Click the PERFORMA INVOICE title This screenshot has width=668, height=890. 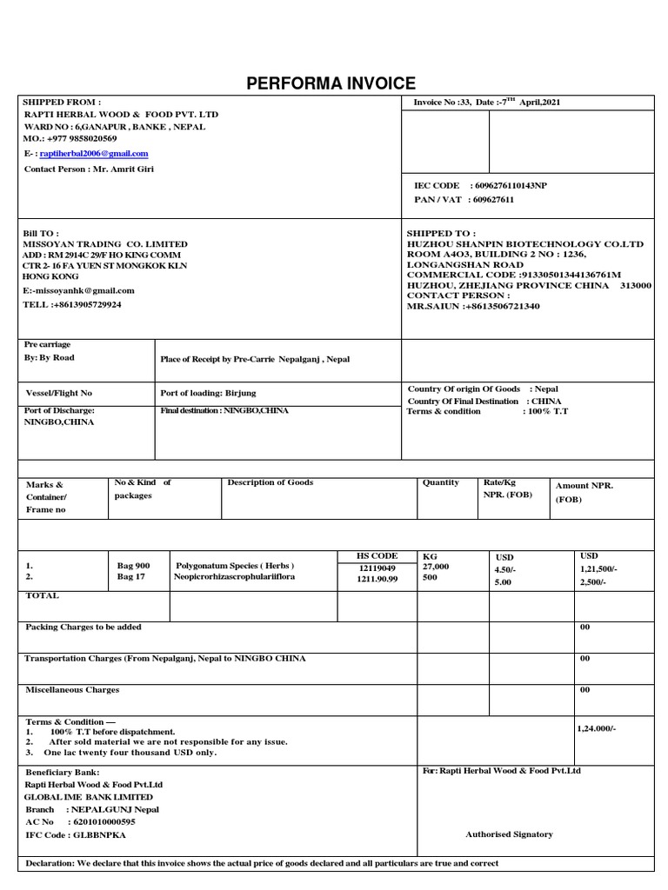click(331, 83)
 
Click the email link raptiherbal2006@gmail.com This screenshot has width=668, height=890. click(94, 154)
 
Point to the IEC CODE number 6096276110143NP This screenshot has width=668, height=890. click(509, 186)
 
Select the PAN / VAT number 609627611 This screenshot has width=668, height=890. click(491, 200)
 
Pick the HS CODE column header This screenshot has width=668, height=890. click(377, 556)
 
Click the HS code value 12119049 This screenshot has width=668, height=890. click(377, 568)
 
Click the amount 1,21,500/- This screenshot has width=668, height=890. click(598, 568)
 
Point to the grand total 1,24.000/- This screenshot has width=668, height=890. click(598, 729)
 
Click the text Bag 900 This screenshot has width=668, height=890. click(133, 566)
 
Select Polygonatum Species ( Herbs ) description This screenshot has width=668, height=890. click(235, 565)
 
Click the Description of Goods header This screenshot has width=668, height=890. click(270, 482)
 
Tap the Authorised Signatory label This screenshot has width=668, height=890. click(509, 834)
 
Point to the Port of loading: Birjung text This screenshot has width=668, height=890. click(208, 393)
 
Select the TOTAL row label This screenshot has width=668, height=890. click(42, 596)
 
